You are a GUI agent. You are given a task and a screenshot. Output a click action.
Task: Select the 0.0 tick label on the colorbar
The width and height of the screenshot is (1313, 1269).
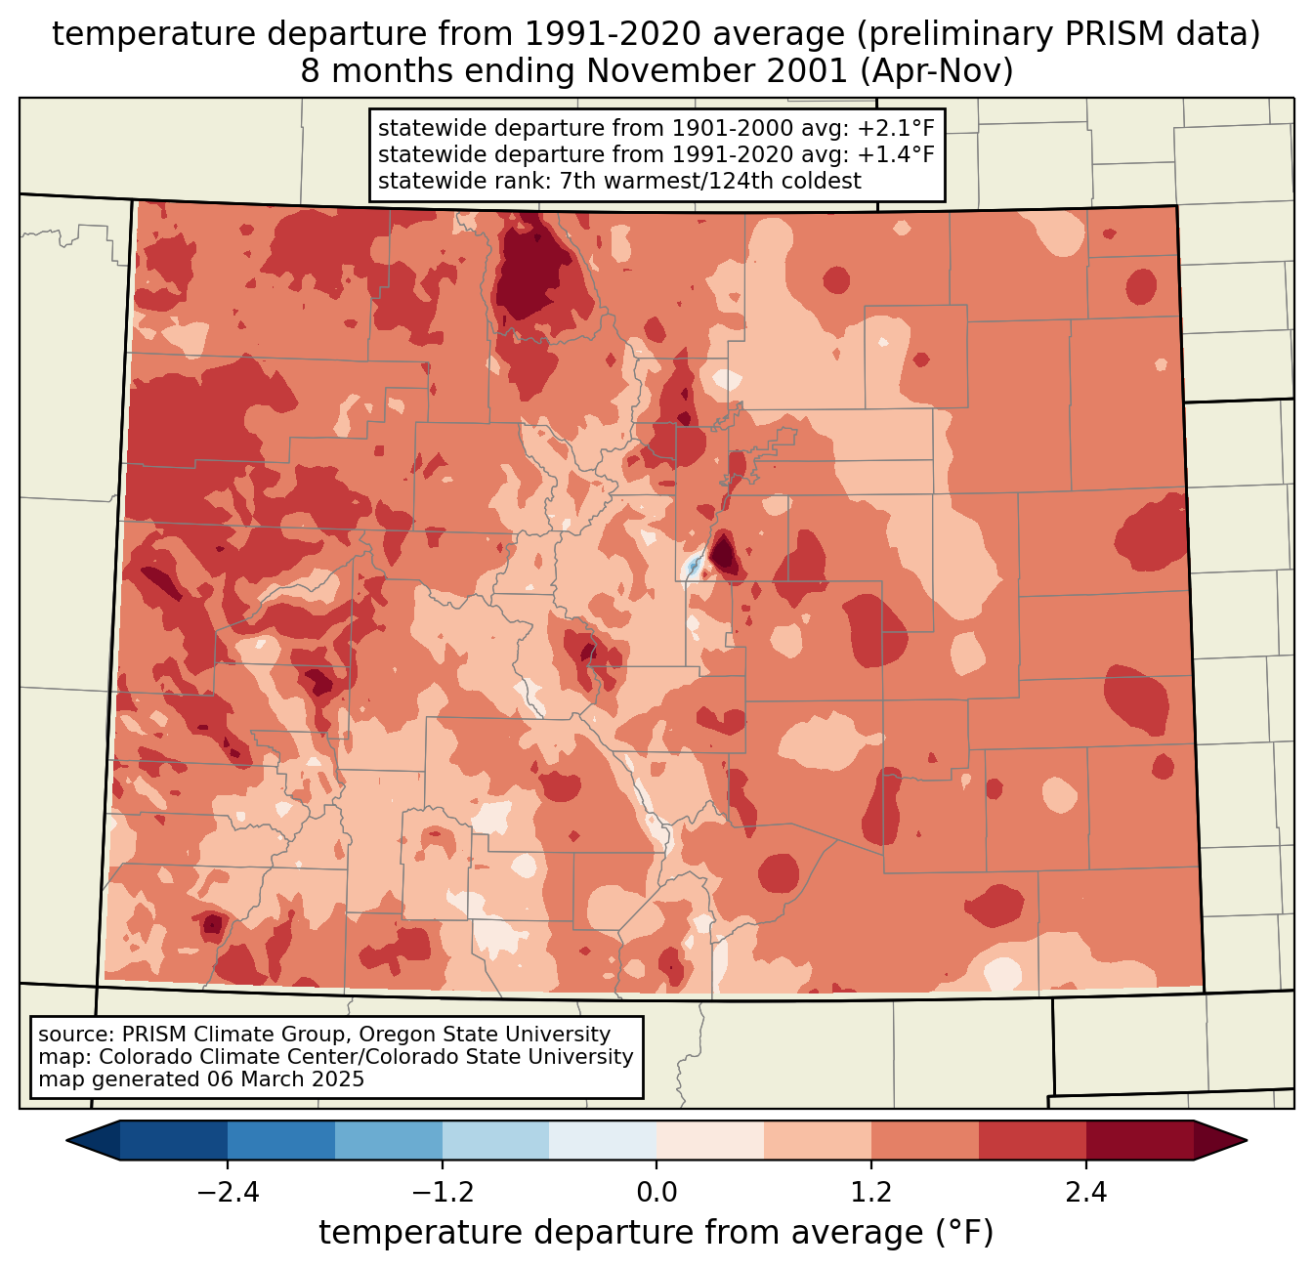656,1193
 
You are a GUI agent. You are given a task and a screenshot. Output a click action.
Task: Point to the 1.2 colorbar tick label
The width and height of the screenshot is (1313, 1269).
871,1193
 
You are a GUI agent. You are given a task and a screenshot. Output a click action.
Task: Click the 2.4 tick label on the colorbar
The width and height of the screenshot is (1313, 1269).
1086,1193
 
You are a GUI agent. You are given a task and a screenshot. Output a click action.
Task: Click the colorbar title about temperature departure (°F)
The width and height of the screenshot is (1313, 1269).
656,1233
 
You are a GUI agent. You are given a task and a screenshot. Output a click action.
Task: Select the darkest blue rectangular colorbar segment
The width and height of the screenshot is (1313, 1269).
174,1140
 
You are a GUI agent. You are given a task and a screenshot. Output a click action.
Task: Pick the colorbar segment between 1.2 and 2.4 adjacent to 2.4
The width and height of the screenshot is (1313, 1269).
1033,1140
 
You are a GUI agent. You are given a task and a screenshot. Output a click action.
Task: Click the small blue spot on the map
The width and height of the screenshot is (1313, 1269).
693,566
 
